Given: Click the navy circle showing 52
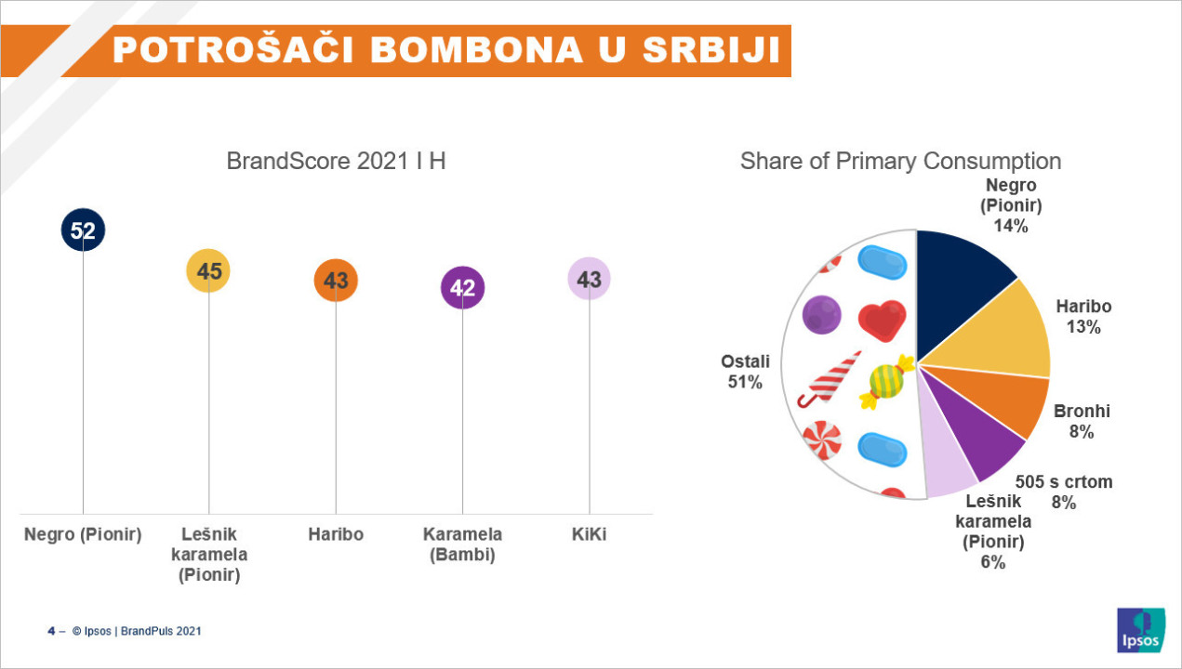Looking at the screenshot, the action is [83, 230].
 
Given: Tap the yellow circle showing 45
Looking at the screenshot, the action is [208, 271].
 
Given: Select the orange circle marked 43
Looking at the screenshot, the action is [336, 280].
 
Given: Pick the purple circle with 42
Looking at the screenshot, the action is [463, 287].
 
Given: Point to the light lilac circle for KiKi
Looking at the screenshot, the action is [589, 279].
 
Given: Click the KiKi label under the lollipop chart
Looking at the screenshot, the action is [589, 534].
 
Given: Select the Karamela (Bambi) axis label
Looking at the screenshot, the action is [462, 544].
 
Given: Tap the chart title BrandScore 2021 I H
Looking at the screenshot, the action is [336, 161].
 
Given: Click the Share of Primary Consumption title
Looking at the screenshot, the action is [901, 161].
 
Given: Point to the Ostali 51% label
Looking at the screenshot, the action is [745, 372].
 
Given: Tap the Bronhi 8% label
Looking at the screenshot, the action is [1082, 421].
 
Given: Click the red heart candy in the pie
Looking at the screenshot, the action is [882, 320].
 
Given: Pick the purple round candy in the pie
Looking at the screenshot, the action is [821, 315].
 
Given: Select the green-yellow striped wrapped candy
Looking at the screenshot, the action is [887, 381].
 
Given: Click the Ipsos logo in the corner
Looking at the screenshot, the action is [1141, 630].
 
